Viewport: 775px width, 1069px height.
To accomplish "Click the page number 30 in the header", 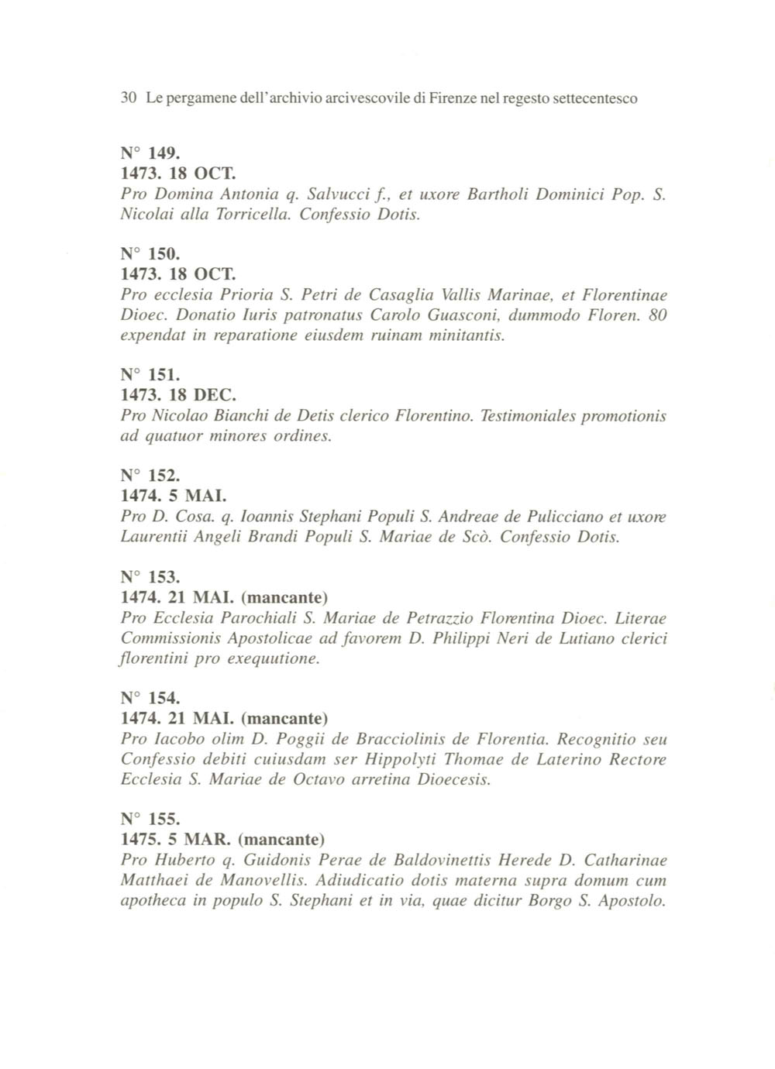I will coord(129,99).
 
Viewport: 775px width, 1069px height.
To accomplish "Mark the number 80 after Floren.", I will coord(656,315).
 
